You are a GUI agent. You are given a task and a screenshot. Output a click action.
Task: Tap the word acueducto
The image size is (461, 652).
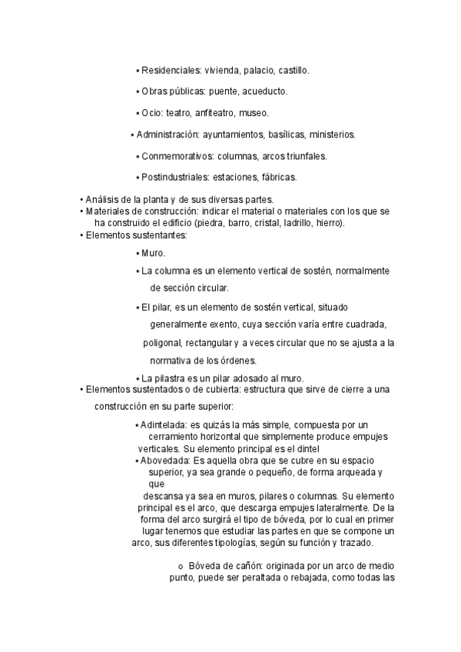[264, 92]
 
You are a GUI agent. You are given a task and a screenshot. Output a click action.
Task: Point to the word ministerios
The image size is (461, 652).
[328, 135]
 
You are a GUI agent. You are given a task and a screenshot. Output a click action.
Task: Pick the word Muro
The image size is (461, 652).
[153, 253]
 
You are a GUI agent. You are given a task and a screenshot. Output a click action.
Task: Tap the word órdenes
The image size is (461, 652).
[260, 361]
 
